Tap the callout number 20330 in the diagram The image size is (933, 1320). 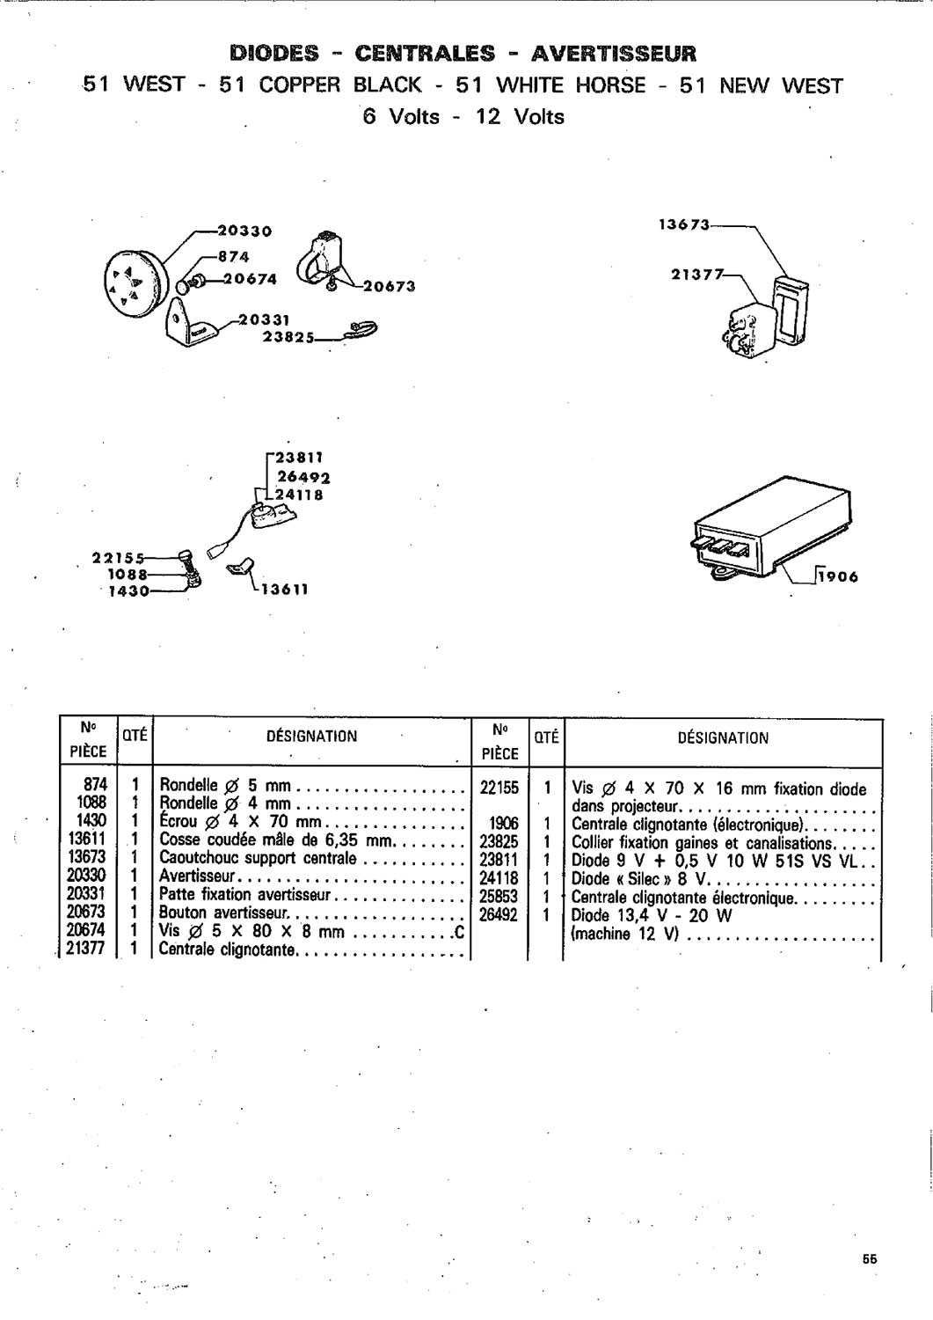pyautogui.click(x=244, y=231)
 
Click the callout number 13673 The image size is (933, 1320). pyautogui.click(x=683, y=224)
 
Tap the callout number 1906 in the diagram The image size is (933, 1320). pyautogui.click(x=838, y=577)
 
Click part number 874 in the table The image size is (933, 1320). pyautogui.click(x=95, y=785)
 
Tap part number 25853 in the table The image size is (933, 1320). pyautogui.click(x=499, y=896)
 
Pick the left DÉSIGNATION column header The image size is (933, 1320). pyautogui.click(x=311, y=737)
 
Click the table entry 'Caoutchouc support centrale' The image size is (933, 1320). pyautogui.click(x=258, y=858)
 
